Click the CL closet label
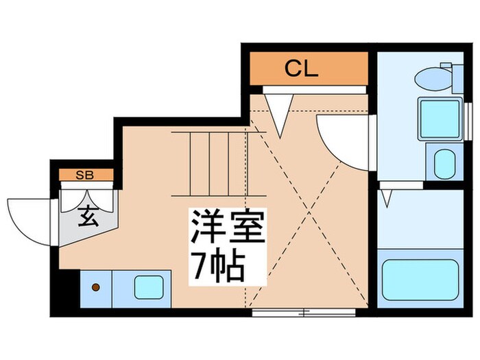pyautogui.click(x=301, y=69)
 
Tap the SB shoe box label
pyautogui.click(x=86, y=175)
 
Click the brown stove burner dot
pyautogui.click(x=97, y=286)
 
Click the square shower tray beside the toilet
pyautogui.click(x=440, y=119)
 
